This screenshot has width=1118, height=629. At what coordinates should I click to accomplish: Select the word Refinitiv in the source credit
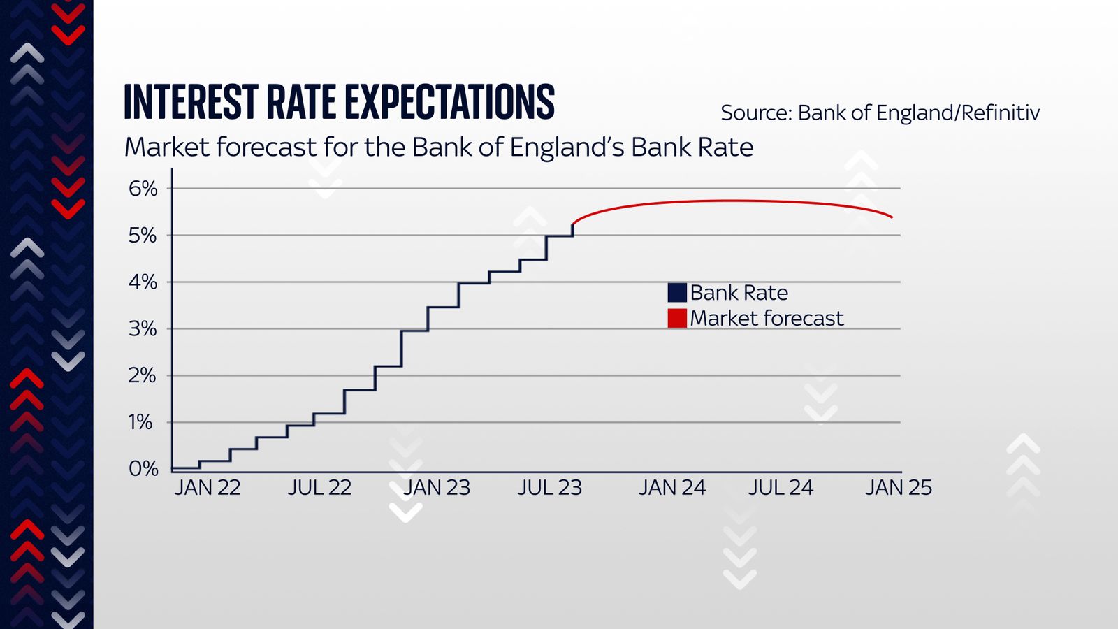coord(1001,113)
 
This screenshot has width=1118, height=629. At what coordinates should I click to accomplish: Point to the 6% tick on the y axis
coord(143,189)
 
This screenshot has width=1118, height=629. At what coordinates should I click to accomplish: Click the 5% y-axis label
coord(143,236)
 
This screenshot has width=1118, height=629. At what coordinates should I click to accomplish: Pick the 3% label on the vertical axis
coord(143,329)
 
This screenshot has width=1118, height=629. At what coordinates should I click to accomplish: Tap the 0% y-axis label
coord(143,469)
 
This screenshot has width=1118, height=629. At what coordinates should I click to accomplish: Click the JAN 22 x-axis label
coord(208,488)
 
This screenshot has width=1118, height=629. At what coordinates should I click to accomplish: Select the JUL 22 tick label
coord(319,488)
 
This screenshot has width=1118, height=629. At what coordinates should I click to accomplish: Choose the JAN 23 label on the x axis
coord(437,488)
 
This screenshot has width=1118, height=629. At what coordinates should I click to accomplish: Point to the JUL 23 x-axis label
coord(549,488)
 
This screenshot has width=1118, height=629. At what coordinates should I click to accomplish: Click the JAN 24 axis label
coord(671,488)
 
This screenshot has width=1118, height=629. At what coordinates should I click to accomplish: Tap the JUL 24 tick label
coord(781,488)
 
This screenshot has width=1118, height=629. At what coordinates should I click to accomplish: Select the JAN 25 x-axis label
coord(899,488)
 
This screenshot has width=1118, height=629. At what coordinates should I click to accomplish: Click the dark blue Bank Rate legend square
coord(677,293)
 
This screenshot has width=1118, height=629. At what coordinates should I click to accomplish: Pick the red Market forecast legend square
coord(677,319)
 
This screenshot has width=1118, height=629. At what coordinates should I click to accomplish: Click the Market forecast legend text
coord(767,319)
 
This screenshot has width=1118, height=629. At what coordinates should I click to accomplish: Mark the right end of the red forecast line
coord(892,217)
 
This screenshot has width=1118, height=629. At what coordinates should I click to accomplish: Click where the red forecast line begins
coord(573,224)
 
